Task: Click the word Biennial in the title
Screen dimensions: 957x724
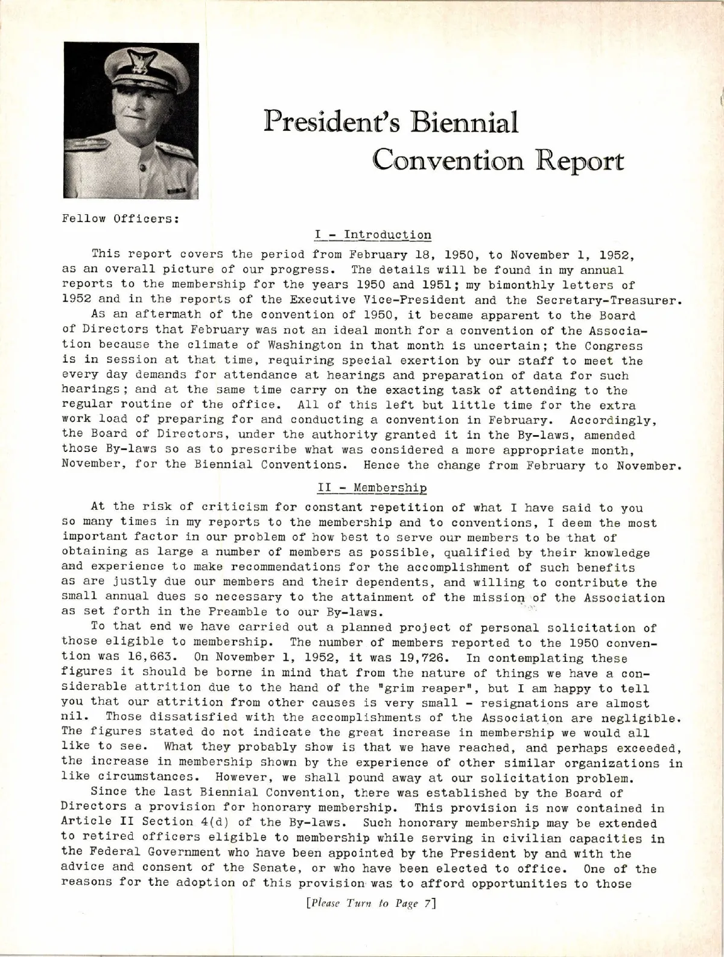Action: (x=463, y=124)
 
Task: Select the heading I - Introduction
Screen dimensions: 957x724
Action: (x=373, y=235)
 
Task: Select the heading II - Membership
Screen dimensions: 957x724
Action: (x=372, y=487)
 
